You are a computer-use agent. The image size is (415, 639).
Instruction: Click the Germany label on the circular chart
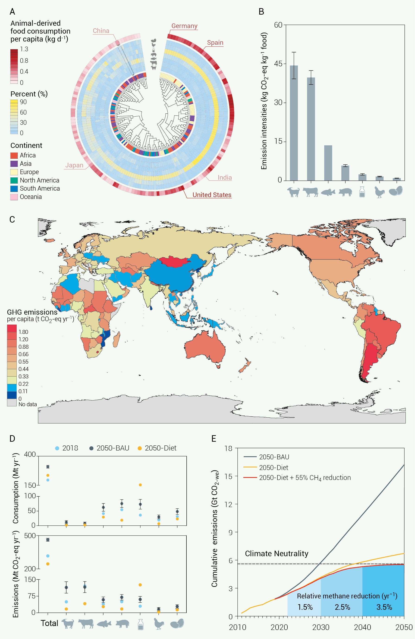pos(184,26)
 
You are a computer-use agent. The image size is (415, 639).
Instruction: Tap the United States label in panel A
pos(212,195)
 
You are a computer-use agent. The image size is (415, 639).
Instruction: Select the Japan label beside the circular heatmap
pos(74,165)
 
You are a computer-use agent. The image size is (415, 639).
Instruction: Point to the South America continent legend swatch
pos(14,189)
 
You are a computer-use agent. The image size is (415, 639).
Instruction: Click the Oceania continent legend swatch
pos(14,197)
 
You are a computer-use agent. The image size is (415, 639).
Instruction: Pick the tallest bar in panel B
pos(294,123)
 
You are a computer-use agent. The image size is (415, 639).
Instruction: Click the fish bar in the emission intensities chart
pos(328,163)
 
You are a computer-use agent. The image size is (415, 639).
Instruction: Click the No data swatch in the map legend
pos(12,402)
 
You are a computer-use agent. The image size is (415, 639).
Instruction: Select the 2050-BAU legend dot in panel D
pos(91,448)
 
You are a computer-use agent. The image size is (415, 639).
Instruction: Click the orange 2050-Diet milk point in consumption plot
pos(140,485)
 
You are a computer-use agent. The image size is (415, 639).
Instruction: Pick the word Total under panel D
pos(49,623)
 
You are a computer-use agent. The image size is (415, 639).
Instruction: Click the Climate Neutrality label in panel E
pos(277,553)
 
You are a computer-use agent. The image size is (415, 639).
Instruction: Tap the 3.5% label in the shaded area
pos(384,607)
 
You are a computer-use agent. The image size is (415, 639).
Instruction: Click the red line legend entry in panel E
pos(297,478)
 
